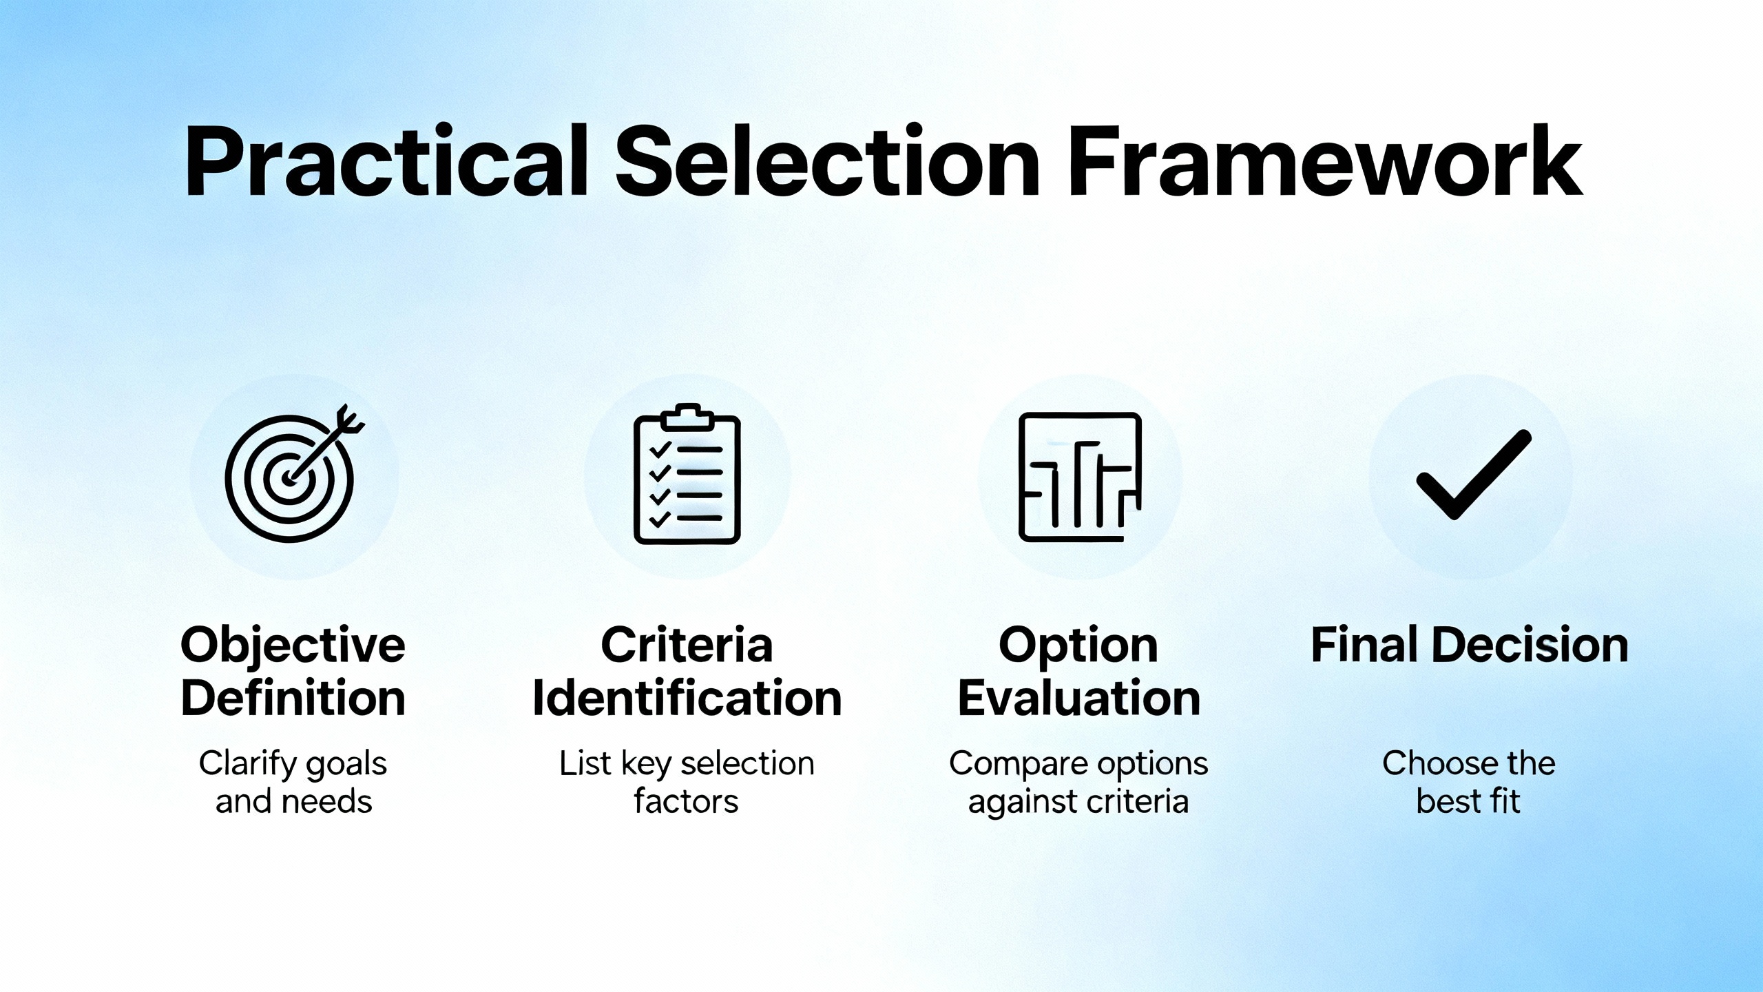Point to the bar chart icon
(x=1080, y=477)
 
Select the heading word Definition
(x=293, y=699)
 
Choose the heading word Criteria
(x=687, y=645)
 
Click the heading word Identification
(x=687, y=699)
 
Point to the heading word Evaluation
(x=1078, y=699)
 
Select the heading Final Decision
(x=1470, y=645)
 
